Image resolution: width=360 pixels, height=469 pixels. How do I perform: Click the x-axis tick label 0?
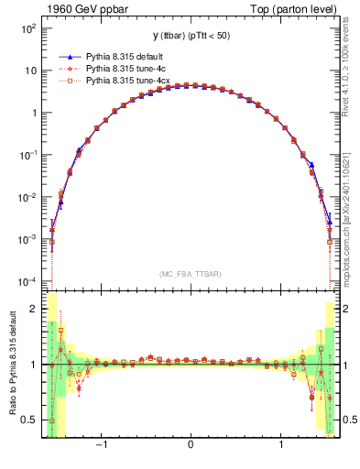190,448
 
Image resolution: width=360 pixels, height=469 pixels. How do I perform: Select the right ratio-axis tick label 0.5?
349,420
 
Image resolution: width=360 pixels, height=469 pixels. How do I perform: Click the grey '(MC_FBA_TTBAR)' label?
190,274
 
